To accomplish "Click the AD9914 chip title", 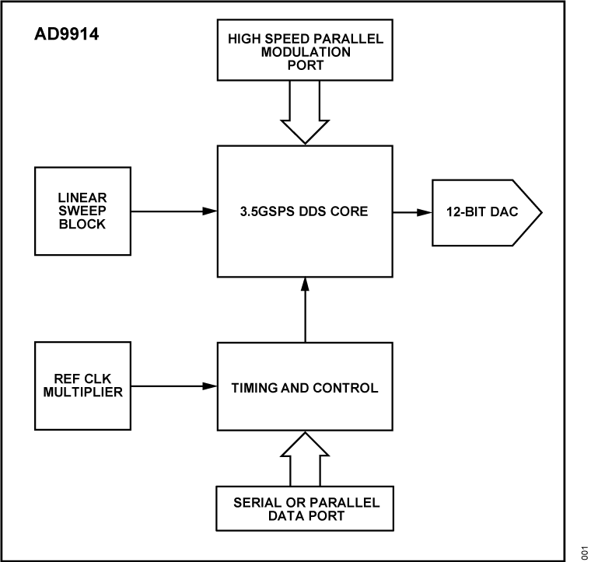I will [x=65, y=35].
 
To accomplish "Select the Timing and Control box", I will [x=306, y=386].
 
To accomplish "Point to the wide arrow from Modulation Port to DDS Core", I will [x=306, y=112].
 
